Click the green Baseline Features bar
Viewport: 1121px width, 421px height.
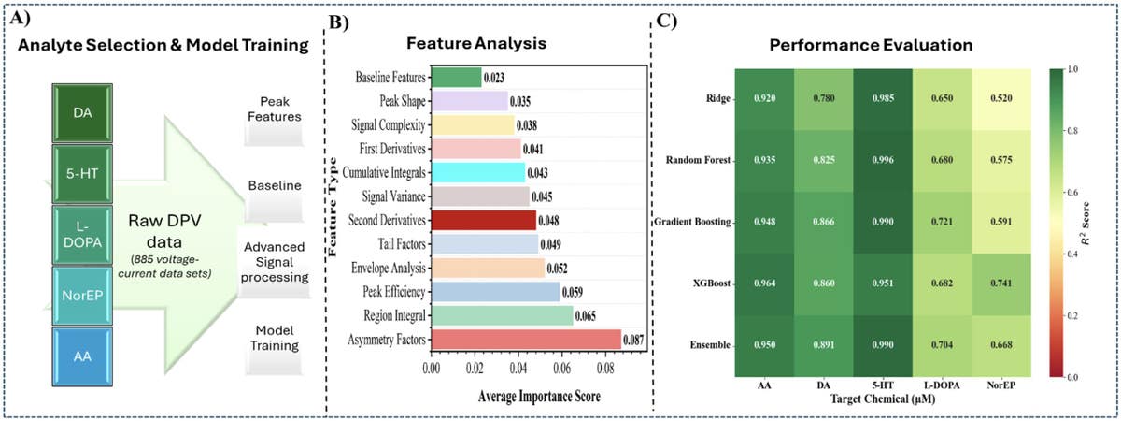(x=456, y=77)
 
